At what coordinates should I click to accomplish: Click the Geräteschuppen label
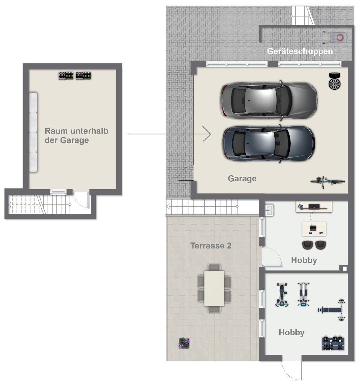coord(299,51)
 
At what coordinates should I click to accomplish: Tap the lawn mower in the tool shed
coord(335,38)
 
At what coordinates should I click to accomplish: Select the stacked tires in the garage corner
coord(334,81)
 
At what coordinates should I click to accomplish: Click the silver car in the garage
coord(269,100)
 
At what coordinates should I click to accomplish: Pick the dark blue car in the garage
coord(269,143)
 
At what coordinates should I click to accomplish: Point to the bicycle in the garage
coord(328,182)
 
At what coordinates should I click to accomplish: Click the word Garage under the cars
coord(242,179)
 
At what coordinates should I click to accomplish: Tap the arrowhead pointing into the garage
coord(207,134)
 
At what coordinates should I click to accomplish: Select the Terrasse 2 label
coord(211,245)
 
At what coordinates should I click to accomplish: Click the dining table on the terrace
coord(214,288)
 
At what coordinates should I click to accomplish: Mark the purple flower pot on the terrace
coord(184,343)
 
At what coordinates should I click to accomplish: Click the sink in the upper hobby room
coord(269,210)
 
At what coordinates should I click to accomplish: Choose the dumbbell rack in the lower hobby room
coord(333,343)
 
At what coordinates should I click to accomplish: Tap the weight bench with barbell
coord(332,310)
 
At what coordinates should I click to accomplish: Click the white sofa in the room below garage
coord(33,132)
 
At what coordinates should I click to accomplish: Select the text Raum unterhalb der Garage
coord(76,136)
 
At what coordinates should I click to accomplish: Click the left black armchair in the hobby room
coord(308,245)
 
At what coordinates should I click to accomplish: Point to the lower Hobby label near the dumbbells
coord(292,332)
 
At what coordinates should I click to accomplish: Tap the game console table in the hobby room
coord(314,229)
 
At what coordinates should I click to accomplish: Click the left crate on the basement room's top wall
coord(66,76)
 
